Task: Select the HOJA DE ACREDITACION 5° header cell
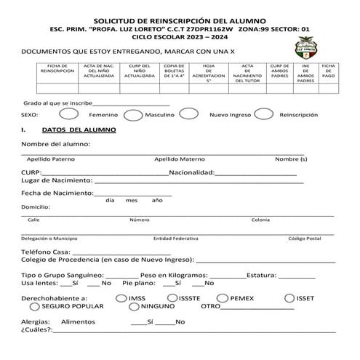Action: tap(208, 73)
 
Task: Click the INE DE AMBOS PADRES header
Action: tap(305, 73)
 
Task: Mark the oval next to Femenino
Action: tap(68, 114)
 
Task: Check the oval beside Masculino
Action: tap(133, 114)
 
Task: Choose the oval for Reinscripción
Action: tap(263, 114)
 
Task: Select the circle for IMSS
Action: tap(121, 297)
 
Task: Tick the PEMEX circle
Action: tap(223, 297)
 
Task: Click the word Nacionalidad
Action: tap(191, 172)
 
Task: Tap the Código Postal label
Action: tap(304, 238)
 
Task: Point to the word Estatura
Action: tap(260, 276)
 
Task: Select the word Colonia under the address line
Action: tap(260, 219)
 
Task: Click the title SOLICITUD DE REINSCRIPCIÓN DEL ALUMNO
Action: tap(179, 21)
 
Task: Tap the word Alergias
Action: tap(36, 321)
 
